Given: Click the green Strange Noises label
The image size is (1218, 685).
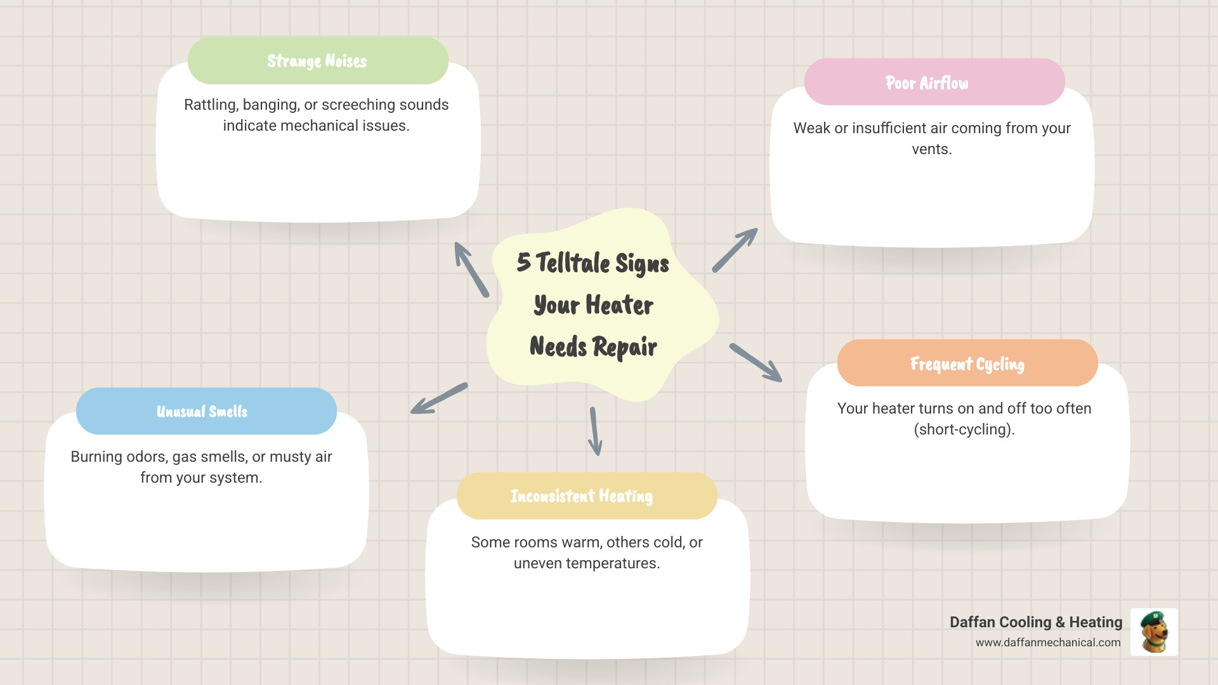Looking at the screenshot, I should [317, 61].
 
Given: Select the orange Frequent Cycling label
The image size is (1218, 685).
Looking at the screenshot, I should [967, 363].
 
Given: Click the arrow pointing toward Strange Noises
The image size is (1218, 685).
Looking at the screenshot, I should [471, 270].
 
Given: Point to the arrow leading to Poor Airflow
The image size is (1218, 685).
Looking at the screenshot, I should [735, 250].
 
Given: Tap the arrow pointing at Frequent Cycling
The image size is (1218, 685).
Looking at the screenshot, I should [756, 362].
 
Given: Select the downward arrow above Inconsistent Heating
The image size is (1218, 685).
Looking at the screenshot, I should [594, 431].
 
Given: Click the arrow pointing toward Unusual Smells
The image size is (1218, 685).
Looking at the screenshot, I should [439, 398].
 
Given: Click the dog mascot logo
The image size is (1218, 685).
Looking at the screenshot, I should [1154, 632].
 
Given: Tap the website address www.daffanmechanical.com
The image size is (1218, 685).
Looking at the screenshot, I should [1048, 643].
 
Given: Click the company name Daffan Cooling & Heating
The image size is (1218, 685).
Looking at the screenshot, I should [1035, 622].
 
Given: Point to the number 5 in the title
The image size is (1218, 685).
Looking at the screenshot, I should [523, 262].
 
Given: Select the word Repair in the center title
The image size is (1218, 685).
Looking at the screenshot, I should [624, 347].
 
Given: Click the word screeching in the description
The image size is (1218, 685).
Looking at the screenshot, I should [358, 105].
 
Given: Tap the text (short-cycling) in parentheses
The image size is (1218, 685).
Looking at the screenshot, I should [964, 429].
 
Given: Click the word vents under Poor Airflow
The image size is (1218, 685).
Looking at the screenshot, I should [931, 149].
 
